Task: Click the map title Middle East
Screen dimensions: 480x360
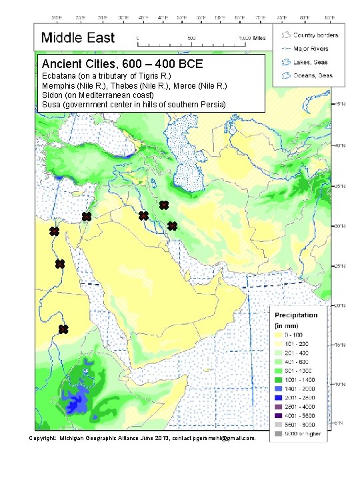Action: pyautogui.click(x=78, y=39)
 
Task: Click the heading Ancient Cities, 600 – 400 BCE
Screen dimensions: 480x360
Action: pyautogui.click(x=127, y=65)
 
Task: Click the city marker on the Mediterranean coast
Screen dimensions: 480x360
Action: pyautogui.click(x=86, y=217)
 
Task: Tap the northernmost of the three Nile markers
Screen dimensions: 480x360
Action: pyautogui.click(x=54, y=231)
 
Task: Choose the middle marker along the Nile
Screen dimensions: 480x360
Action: pyautogui.click(x=60, y=264)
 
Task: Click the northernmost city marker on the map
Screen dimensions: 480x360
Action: pyautogui.click(x=163, y=204)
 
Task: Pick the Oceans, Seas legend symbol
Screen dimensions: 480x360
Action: pyautogui.click(x=287, y=75)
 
